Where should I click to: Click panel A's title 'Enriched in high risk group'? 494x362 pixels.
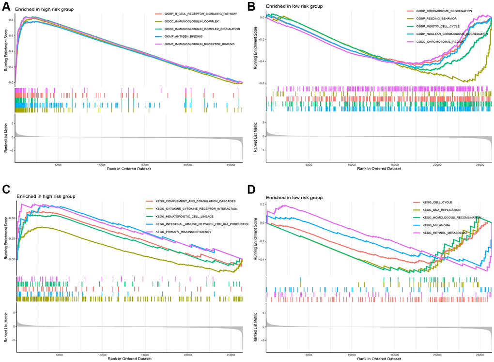coord(45,9)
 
